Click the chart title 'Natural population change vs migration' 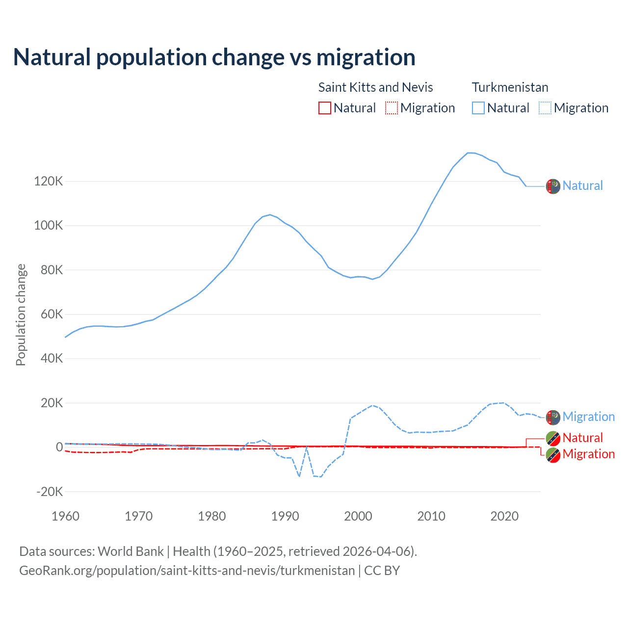(x=214, y=57)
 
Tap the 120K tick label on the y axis (x=49, y=182)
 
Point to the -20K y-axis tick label (x=50, y=492)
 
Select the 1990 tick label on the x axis (x=285, y=516)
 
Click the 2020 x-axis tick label (x=504, y=516)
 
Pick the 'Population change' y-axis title (x=21, y=314)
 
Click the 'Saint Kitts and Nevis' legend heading (x=375, y=87)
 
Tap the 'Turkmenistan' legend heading (x=510, y=87)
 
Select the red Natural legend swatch (x=325, y=108)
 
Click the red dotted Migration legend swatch (x=392, y=108)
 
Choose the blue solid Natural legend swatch (x=478, y=108)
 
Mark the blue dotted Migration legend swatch (x=545, y=108)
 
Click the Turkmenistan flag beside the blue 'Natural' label (x=553, y=186)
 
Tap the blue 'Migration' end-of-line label (x=588, y=417)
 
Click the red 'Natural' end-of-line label (x=582, y=438)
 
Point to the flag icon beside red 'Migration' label (x=553, y=455)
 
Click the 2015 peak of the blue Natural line (x=469, y=153)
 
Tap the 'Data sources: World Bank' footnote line (x=218, y=551)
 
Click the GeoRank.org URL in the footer (x=186, y=571)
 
